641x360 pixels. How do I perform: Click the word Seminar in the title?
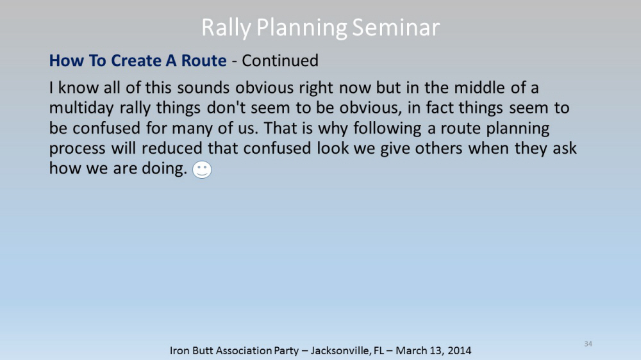395,28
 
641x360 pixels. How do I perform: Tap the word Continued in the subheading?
280,60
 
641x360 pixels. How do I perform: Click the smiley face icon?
202,170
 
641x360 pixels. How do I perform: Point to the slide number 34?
588,343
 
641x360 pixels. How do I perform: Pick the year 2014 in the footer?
459,350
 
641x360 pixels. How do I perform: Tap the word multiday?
81,108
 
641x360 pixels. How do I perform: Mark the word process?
78,149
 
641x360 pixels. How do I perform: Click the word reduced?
172,148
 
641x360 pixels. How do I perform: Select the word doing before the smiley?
164,168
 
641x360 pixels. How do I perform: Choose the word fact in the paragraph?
439,108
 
